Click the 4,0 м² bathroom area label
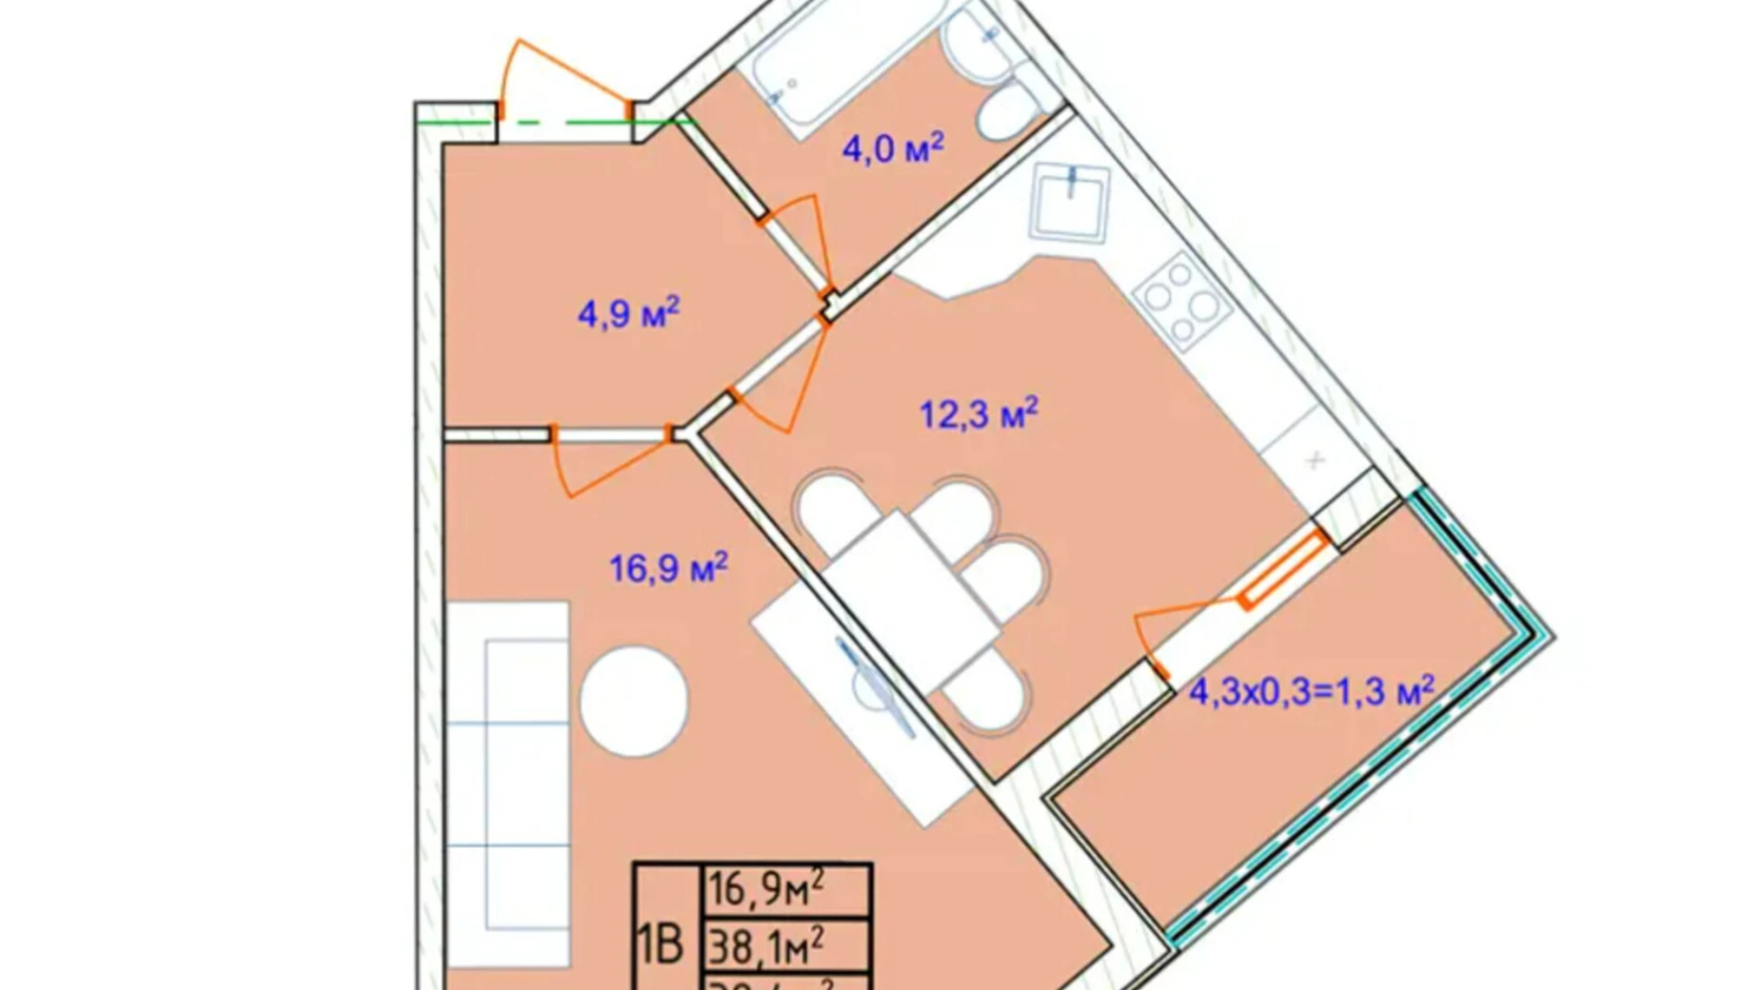(892, 149)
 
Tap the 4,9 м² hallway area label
(628, 313)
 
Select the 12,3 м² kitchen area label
(978, 414)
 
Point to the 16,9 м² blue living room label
(668, 568)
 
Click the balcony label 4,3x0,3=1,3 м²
(1311, 691)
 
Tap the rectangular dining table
(909, 600)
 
